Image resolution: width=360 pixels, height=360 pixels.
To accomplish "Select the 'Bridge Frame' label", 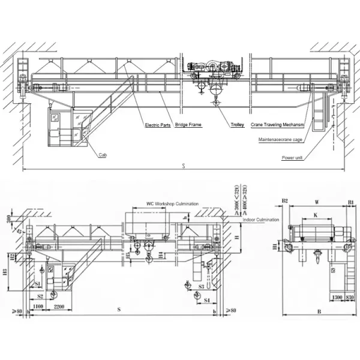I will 188,125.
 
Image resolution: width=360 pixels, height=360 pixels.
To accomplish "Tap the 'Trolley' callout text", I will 237,125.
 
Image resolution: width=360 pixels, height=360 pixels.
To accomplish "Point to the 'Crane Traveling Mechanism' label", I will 277,125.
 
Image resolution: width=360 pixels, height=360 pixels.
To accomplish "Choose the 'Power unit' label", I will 292,158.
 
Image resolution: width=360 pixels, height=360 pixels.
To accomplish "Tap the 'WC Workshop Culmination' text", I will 173,204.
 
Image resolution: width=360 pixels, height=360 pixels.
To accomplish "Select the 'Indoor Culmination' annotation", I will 261,220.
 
